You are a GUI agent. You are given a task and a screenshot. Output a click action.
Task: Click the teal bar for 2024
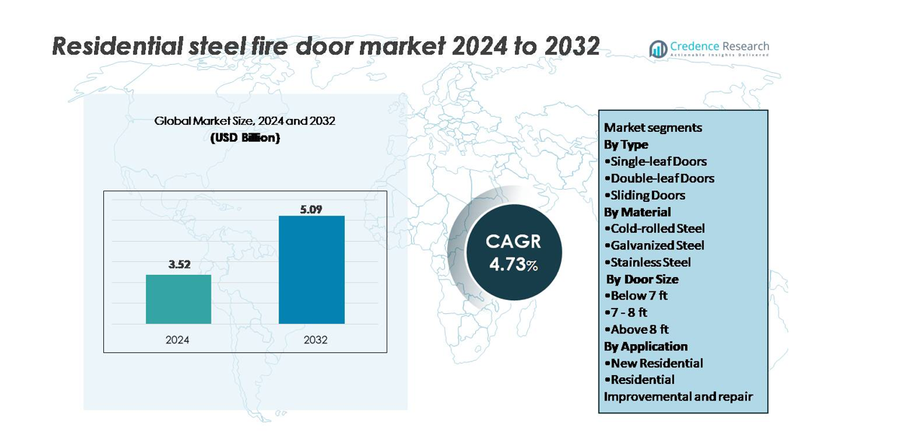coord(178,299)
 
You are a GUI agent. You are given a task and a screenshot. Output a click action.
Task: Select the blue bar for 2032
coord(312,270)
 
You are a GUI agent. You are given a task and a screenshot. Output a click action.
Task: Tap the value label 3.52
coord(178,264)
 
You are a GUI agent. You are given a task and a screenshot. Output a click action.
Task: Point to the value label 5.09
coord(311,209)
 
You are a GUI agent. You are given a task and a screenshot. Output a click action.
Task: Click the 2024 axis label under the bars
coord(178,340)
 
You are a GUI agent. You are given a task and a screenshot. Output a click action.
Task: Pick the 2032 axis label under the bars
coord(315,340)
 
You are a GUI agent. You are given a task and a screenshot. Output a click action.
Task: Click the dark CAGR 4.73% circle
coord(503,252)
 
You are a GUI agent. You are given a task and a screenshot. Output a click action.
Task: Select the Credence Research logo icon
coord(659,49)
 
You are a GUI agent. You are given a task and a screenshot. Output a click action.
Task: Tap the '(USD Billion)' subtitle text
coord(245,138)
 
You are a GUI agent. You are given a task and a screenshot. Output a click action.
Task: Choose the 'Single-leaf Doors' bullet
coord(656,161)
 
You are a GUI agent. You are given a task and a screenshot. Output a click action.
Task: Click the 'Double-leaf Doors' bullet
coord(660,178)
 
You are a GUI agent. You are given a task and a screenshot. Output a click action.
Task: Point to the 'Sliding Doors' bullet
coord(645,195)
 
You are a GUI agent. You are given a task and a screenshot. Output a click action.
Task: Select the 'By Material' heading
coord(638,212)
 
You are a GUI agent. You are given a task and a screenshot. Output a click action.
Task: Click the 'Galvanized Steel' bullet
coord(655,245)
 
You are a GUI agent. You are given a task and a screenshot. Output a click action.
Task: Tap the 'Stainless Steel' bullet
coord(648,262)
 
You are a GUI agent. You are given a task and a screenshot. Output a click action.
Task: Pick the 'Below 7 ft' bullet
coord(636,295)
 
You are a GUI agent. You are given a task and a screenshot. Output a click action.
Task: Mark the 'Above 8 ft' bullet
coord(637,329)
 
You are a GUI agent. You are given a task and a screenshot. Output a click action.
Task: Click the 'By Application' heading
coord(646,346)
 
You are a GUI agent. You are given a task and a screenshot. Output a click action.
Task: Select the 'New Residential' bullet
coord(654,363)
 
